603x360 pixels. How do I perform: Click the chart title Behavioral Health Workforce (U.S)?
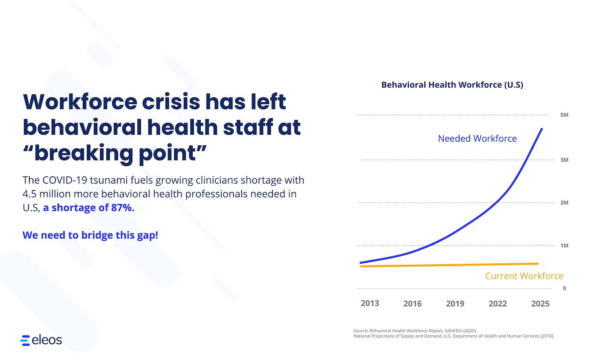point(452,85)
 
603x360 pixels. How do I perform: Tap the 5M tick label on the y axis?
point(564,115)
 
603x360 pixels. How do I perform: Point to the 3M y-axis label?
point(564,160)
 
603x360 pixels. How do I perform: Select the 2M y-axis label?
point(564,202)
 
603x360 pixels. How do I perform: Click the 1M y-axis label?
point(564,246)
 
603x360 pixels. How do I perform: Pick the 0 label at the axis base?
point(564,288)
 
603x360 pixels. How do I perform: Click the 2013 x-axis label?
point(370,303)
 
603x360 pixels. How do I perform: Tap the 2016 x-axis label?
point(412,304)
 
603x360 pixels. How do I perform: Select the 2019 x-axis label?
point(455,304)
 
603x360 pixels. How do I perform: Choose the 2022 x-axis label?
point(497,304)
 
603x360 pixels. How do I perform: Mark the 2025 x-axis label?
point(540,304)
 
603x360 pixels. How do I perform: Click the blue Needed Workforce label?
point(477,138)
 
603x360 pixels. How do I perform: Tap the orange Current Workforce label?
point(524,276)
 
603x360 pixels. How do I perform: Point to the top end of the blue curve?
point(541,129)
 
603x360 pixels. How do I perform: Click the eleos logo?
point(41,340)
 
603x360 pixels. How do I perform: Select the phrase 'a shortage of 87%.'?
point(88,208)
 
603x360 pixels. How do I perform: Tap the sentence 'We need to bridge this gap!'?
point(90,235)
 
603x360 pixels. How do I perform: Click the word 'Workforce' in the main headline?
point(80,102)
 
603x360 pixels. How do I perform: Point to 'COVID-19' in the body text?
point(64,180)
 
